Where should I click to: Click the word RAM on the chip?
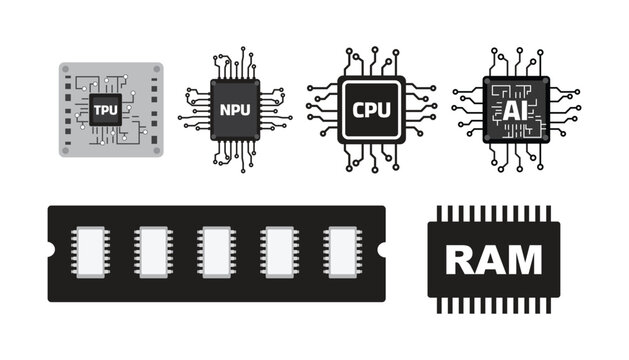point(493,259)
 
